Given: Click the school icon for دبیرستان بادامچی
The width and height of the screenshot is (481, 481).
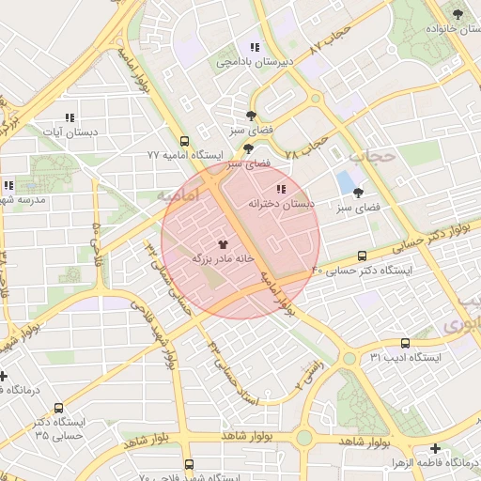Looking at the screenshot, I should click(x=254, y=47).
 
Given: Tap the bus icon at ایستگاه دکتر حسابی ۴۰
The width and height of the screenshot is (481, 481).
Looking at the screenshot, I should click(x=363, y=256).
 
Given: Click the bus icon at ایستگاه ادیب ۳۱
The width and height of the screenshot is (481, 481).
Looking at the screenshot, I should click(x=405, y=343).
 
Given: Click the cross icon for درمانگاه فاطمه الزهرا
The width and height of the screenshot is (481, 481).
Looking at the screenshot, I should click(x=434, y=449).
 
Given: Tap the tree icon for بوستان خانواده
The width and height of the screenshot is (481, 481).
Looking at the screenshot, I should click(x=458, y=14).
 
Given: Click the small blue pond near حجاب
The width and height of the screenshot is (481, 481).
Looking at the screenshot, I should click(x=345, y=180).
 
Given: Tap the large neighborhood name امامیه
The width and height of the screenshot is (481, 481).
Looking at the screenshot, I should click(x=178, y=197).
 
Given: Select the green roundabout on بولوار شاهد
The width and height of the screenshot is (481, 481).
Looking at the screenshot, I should click(x=303, y=437).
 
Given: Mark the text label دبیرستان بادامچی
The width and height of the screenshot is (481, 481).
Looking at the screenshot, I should click(x=256, y=62).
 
